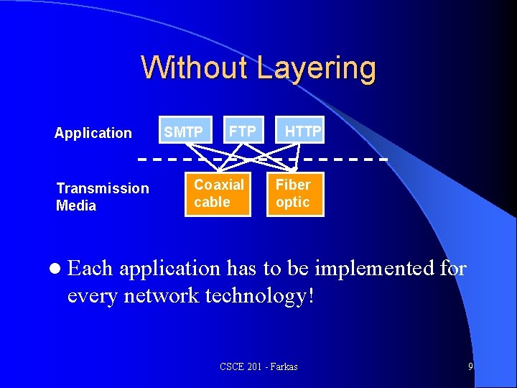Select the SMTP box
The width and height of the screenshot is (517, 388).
point(184,131)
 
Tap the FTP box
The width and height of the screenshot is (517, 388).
point(243,131)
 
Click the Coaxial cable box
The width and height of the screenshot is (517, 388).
point(219,193)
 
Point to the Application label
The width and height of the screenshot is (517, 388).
point(93,133)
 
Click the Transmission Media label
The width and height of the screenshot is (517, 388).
point(103,197)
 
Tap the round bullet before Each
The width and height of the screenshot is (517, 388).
point(57,269)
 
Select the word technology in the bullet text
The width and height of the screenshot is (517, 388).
point(256,295)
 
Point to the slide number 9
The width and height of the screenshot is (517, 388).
point(470,366)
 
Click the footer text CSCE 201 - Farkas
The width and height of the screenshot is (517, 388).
point(258,367)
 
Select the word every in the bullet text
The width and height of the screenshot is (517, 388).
point(93,295)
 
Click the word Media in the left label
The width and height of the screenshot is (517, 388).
point(76,206)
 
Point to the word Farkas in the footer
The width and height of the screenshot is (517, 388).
point(282,367)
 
